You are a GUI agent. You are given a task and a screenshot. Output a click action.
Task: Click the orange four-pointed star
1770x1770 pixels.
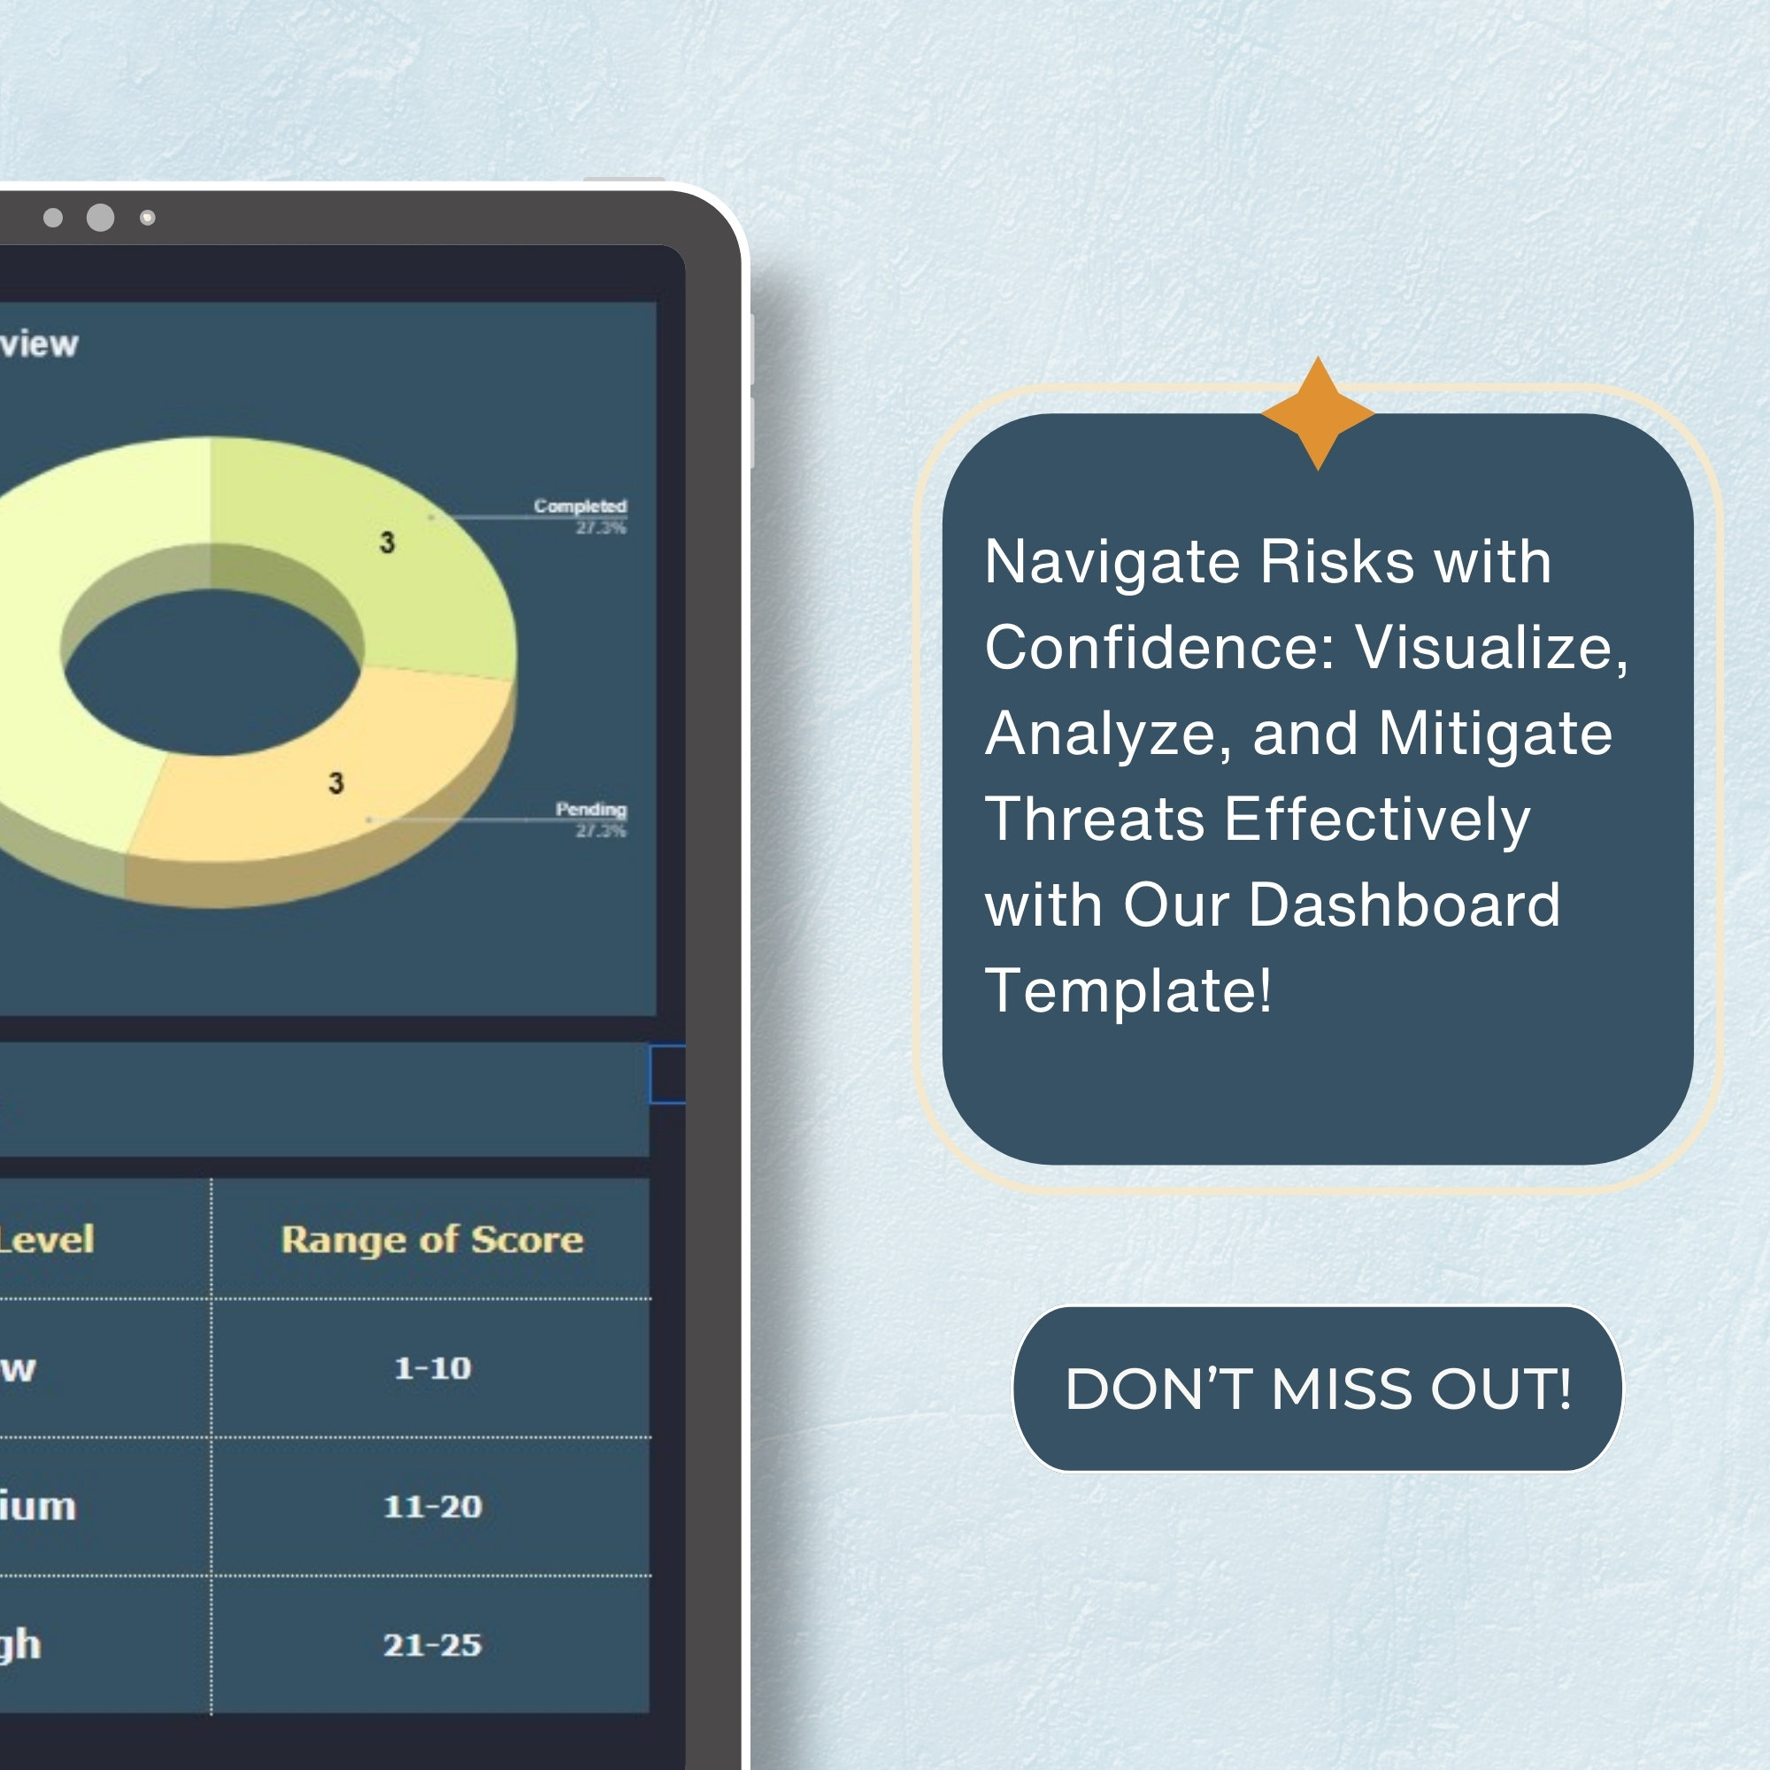[1318, 413]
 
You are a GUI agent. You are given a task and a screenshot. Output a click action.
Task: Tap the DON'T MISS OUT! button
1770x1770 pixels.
[1318, 1389]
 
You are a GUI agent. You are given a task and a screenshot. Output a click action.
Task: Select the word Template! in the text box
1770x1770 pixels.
[1127, 990]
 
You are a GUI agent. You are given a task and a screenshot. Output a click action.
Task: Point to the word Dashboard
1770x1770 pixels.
[1404, 905]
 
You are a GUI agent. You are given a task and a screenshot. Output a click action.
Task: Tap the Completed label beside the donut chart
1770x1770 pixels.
[580, 505]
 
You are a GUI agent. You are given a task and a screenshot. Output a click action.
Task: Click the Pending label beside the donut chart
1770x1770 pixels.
[591, 809]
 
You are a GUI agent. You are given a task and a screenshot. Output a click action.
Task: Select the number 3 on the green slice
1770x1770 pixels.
[388, 543]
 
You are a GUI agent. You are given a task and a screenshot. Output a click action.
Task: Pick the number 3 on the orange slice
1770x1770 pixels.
[336, 783]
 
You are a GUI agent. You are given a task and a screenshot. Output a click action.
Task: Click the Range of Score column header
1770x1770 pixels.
[432, 1240]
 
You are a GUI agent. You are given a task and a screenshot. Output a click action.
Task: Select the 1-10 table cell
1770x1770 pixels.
[432, 1368]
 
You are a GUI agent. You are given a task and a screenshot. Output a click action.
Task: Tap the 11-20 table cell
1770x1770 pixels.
[432, 1506]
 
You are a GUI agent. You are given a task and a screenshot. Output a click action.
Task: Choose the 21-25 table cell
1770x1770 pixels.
[432, 1644]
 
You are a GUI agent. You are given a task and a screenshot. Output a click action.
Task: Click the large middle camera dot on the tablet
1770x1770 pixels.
[100, 217]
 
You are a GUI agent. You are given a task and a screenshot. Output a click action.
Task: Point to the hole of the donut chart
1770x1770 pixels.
[212, 672]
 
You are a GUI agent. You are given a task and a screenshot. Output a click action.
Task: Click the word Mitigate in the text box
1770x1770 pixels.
[1495, 734]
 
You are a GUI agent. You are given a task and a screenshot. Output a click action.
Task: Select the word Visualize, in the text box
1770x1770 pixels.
[1491, 648]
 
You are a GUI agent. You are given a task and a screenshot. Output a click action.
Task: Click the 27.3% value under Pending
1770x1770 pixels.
[600, 831]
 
